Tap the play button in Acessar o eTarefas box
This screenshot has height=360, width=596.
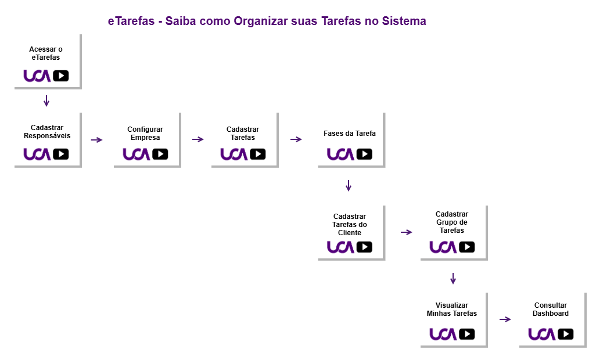click(x=61, y=75)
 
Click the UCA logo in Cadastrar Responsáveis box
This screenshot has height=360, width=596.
click(x=37, y=154)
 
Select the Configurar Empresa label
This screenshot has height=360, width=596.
click(x=145, y=134)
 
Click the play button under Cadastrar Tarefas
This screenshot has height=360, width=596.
click(x=258, y=154)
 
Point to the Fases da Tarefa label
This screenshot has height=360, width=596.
click(x=350, y=134)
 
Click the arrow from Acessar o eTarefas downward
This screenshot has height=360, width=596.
click(x=46, y=101)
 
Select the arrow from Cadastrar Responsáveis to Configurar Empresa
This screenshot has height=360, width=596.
click(x=96, y=139)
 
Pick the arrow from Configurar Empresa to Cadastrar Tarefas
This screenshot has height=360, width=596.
click(x=198, y=139)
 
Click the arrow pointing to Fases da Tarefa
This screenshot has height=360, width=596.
click(x=296, y=139)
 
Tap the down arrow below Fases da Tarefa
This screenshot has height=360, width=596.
click(x=349, y=186)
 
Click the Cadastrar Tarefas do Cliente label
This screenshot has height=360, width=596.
click(x=350, y=225)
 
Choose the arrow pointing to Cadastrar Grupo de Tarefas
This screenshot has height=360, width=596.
click(x=406, y=232)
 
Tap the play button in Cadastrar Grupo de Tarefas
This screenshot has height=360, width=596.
click(x=467, y=247)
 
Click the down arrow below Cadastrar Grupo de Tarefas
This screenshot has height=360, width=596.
click(x=453, y=279)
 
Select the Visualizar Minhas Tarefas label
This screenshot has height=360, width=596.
click(x=452, y=309)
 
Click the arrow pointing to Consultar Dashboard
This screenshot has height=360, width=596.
click(x=505, y=319)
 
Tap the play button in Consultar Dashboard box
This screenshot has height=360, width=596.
click(x=566, y=334)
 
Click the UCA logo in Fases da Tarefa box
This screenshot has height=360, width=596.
click(x=340, y=154)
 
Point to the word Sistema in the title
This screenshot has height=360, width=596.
click(x=404, y=21)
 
